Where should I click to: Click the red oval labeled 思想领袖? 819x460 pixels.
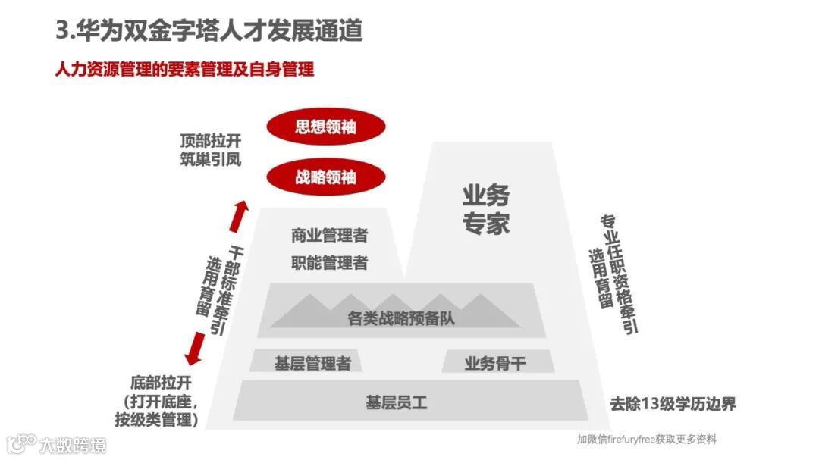click(x=325, y=127)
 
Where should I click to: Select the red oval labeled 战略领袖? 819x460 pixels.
click(x=325, y=177)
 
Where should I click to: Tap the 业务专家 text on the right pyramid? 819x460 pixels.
click(x=486, y=208)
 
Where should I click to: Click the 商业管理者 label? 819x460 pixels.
click(x=329, y=236)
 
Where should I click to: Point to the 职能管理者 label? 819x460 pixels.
click(x=329, y=263)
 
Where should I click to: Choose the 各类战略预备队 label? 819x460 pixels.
click(x=401, y=318)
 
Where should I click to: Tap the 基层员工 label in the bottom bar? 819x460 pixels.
click(x=397, y=402)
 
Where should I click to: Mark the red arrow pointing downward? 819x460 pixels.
click(x=196, y=349)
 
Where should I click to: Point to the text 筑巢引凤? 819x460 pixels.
click(x=210, y=159)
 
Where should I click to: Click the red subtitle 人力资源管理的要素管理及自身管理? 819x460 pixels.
click(x=185, y=70)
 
